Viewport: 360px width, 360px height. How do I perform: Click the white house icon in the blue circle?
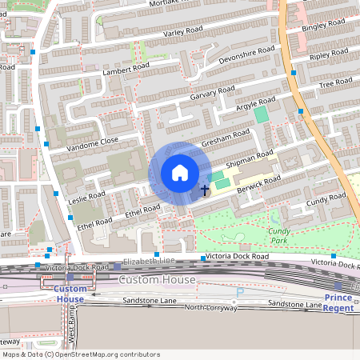pyautogui.click(x=180, y=173)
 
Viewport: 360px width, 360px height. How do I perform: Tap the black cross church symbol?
pyautogui.click(x=204, y=190)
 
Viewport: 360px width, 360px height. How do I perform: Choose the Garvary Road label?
pyautogui.click(x=212, y=94)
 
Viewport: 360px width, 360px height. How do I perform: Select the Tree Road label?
pyautogui.click(x=335, y=85)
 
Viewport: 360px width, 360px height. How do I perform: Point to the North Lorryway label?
pyautogui.click(x=213, y=307)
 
